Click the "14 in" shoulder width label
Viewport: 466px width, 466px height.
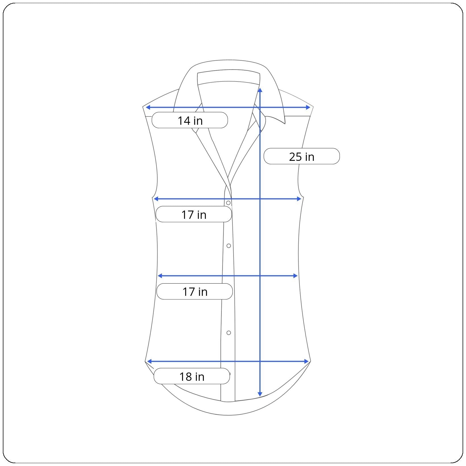tap(190, 120)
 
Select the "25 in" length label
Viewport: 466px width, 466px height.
tap(301, 156)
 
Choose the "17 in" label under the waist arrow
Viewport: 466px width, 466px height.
tap(195, 292)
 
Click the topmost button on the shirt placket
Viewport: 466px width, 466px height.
tap(228, 203)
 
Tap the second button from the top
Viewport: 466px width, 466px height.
tap(229, 246)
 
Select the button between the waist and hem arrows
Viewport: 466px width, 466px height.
tap(229, 333)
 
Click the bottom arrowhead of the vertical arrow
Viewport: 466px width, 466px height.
tap(260, 394)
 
